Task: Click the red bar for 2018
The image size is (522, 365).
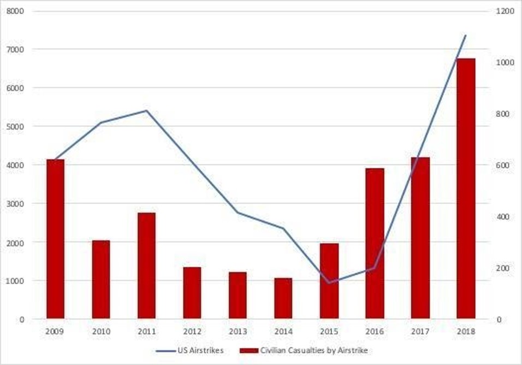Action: coord(466,189)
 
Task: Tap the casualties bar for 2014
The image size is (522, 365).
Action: coord(283,298)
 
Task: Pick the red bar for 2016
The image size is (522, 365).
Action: coord(375,244)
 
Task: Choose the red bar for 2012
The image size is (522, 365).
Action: coord(192,293)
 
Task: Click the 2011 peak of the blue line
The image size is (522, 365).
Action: coord(146,110)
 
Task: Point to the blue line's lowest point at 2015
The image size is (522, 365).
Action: coord(329,283)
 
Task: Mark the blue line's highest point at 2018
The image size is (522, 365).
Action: coord(466,35)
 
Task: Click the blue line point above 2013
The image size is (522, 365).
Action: coord(238,213)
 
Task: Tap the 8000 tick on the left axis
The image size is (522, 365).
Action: coord(18,11)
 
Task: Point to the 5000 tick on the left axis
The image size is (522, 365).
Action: coord(18,126)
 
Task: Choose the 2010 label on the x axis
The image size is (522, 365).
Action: coord(100,332)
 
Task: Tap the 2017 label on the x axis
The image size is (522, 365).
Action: coord(420,332)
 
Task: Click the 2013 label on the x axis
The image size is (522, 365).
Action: coord(238,332)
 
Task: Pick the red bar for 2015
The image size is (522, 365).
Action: coord(329,281)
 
